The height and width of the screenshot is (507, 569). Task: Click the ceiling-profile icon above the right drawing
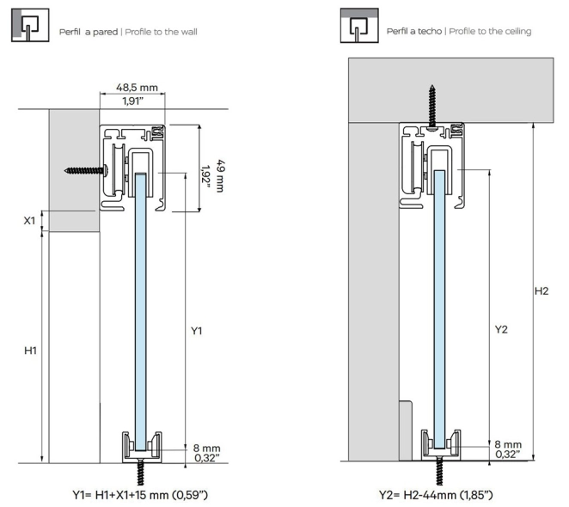coord(358,27)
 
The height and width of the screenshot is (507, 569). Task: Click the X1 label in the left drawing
coord(29,221)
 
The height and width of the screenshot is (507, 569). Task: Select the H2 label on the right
coord(541,291)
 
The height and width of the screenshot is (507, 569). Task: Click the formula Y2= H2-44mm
coord(435,495)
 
